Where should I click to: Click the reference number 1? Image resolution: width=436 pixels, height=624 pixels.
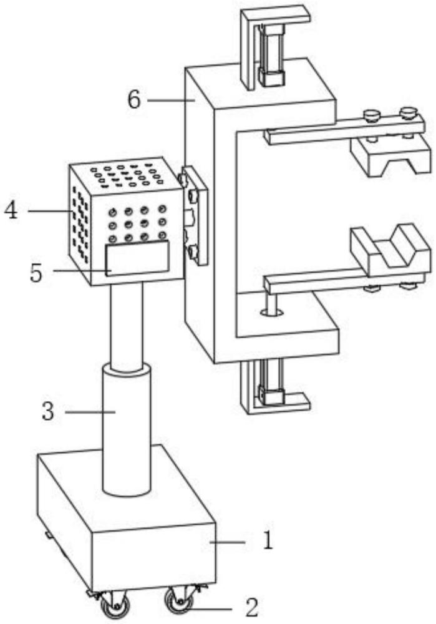(x=268, y=540)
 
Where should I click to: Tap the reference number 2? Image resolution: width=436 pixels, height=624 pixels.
(x=252, y=607)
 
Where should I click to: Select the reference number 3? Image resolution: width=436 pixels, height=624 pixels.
(x=48, y=411)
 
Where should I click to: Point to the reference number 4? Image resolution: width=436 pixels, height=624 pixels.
(x=11, y=210)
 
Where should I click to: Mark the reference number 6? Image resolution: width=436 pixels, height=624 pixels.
(x=134, y=99)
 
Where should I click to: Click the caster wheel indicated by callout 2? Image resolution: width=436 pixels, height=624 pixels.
(x=177, y=600)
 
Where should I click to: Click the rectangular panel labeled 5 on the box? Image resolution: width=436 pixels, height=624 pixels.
(x=137, y=258)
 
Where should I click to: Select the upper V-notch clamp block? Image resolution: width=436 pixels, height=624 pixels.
(x=390, y=156)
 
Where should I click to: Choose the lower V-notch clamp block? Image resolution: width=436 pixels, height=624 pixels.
(x=390, y=251)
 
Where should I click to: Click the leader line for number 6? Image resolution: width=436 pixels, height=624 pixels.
(x=172, y=100)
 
